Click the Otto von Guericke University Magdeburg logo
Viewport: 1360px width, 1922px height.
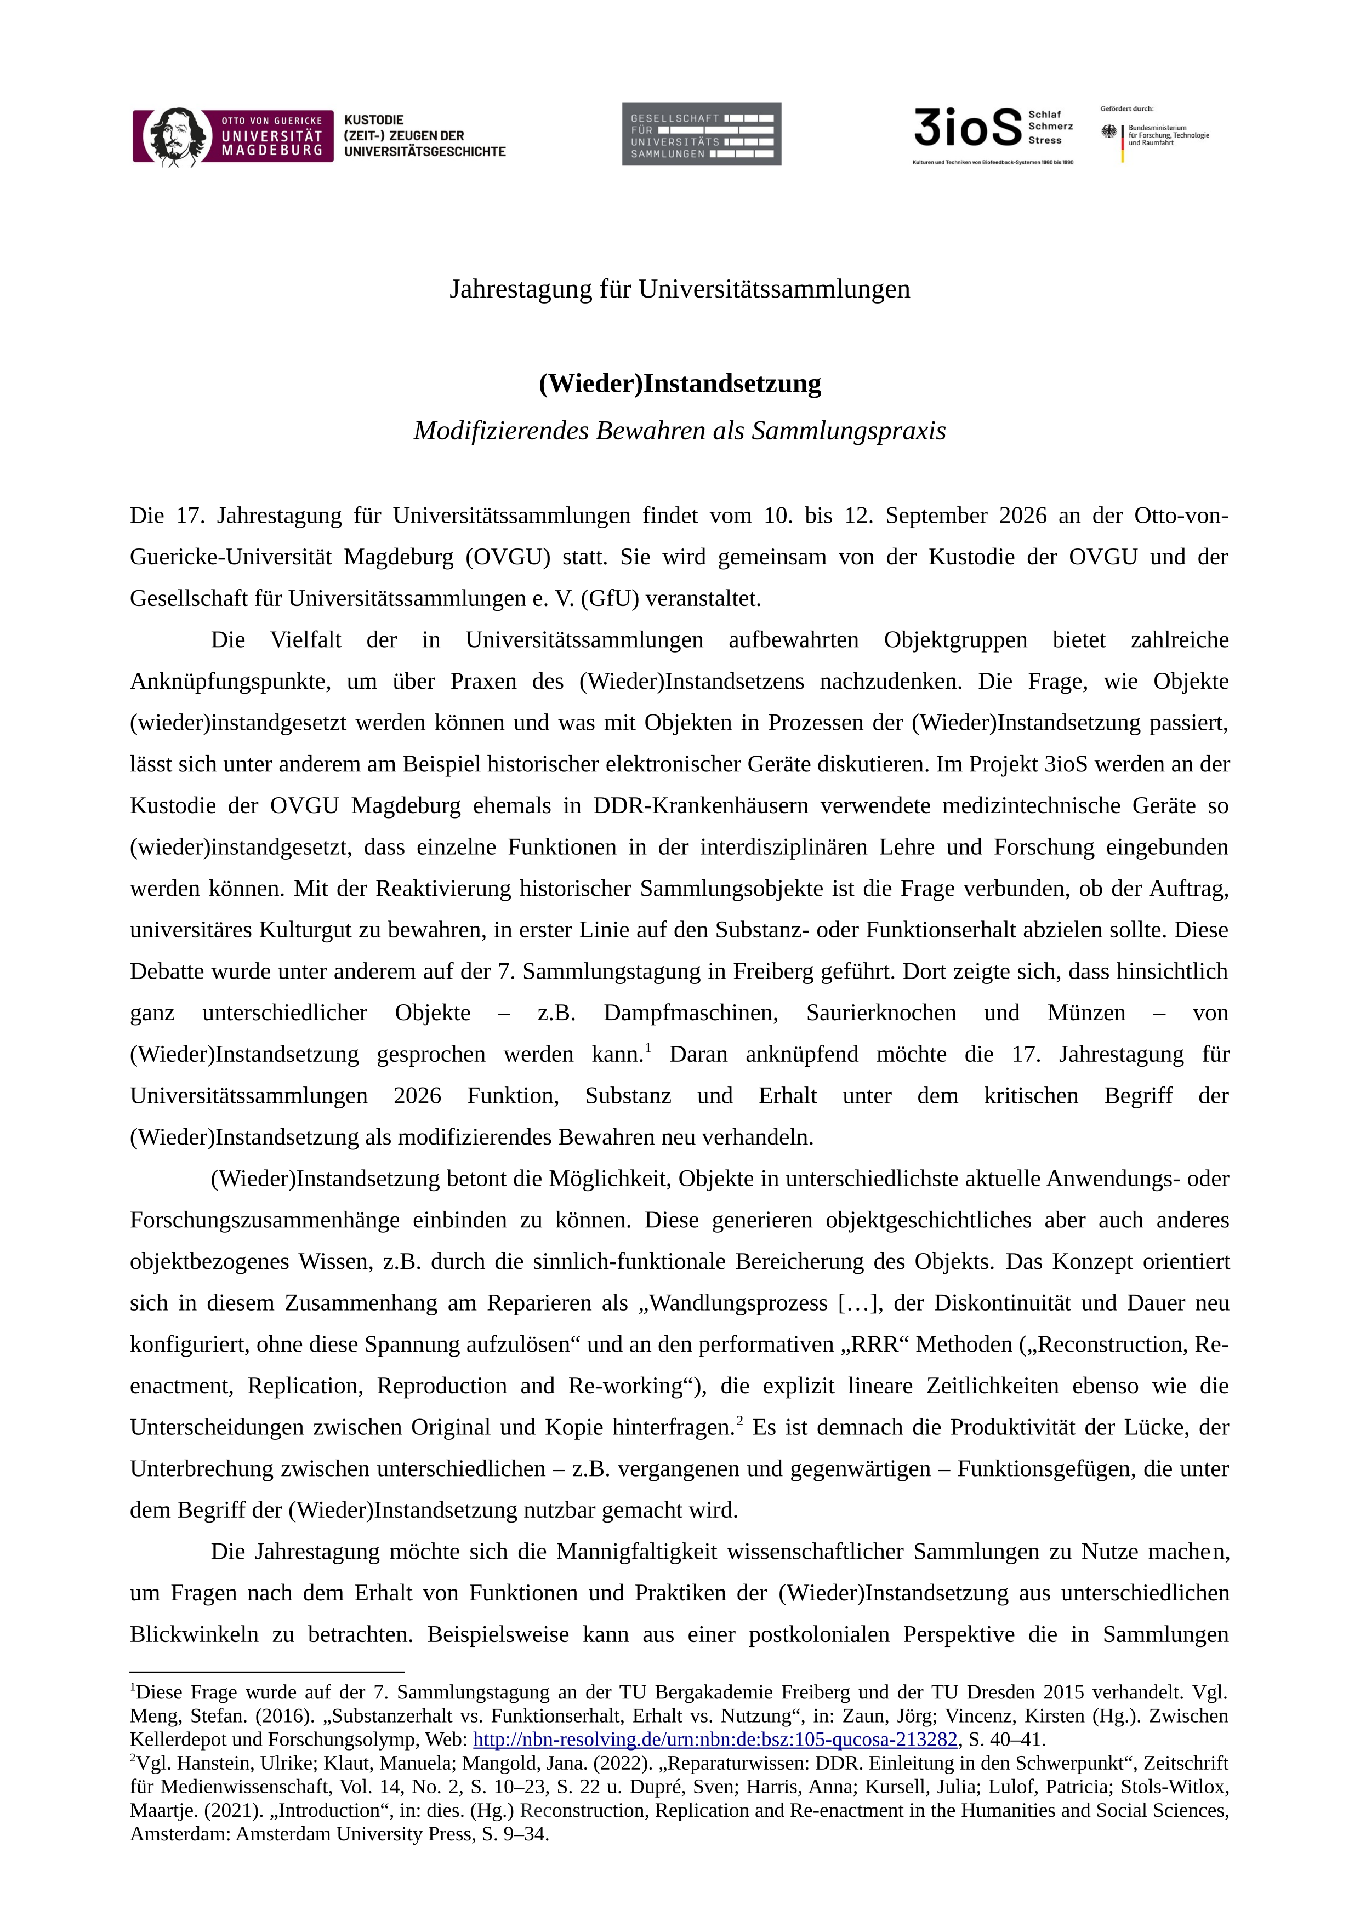233,136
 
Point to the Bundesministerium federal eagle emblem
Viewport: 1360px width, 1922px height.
1109,132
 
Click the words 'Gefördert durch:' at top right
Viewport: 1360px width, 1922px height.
1126,109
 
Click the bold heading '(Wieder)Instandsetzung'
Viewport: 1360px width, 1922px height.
680,384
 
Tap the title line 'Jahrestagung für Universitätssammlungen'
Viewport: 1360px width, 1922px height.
680,289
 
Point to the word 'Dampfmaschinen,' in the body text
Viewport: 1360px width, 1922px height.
690,1013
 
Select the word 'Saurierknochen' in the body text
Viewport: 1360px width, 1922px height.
880,1013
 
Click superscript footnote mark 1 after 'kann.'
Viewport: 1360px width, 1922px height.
648,1046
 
